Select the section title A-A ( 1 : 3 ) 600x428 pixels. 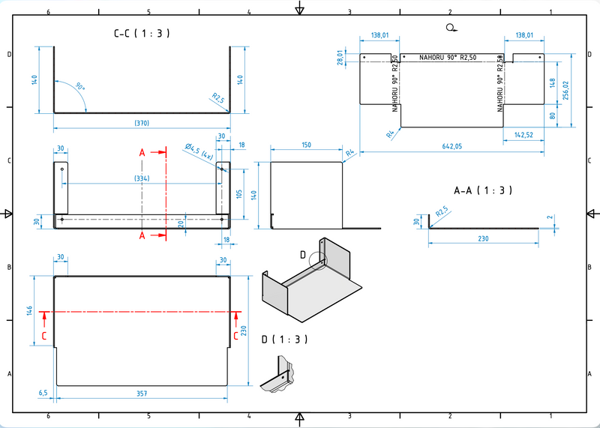point(483,190)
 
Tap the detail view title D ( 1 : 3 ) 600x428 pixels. point(285,340)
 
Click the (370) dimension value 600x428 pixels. point(141,121)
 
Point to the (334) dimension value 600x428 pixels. point(141,178)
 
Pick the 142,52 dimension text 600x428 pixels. point(523,134)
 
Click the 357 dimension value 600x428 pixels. point(142,392)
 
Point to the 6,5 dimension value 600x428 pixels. point(43,392)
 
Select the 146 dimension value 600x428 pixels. point(31,310)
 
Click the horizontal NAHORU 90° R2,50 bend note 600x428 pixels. point(448,58)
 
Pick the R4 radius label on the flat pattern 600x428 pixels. point(390,134)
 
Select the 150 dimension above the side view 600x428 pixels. point(306,145)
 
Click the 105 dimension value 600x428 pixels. point(238,195)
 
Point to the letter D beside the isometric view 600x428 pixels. point(304,255)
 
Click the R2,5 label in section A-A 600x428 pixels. point(442,213)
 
